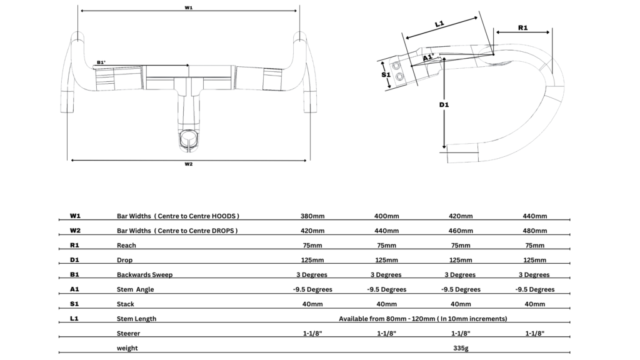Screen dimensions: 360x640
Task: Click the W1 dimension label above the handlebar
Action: click(188, 7)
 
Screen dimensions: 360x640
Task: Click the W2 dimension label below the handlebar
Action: click(188, 164)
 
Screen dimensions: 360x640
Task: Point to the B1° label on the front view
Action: click(101, 62)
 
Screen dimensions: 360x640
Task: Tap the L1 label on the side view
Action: click(439, 24)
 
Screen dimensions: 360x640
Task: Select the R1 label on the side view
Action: click(523, 27)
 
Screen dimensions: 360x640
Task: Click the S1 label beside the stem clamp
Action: click(386, 74)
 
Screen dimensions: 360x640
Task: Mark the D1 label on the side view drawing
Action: click(444, 105)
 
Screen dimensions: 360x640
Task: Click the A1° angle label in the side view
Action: click(428, 57)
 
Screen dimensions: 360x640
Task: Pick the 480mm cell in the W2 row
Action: click(534, 231)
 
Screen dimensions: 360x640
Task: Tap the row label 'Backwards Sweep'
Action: click(146, 275)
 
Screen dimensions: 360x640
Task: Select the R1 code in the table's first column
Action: click(75, 246)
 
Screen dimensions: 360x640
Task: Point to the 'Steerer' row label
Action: click(129, 333)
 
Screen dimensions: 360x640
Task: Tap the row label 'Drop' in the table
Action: click(124, 260)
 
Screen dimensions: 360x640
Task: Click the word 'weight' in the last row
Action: click(127, 348)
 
